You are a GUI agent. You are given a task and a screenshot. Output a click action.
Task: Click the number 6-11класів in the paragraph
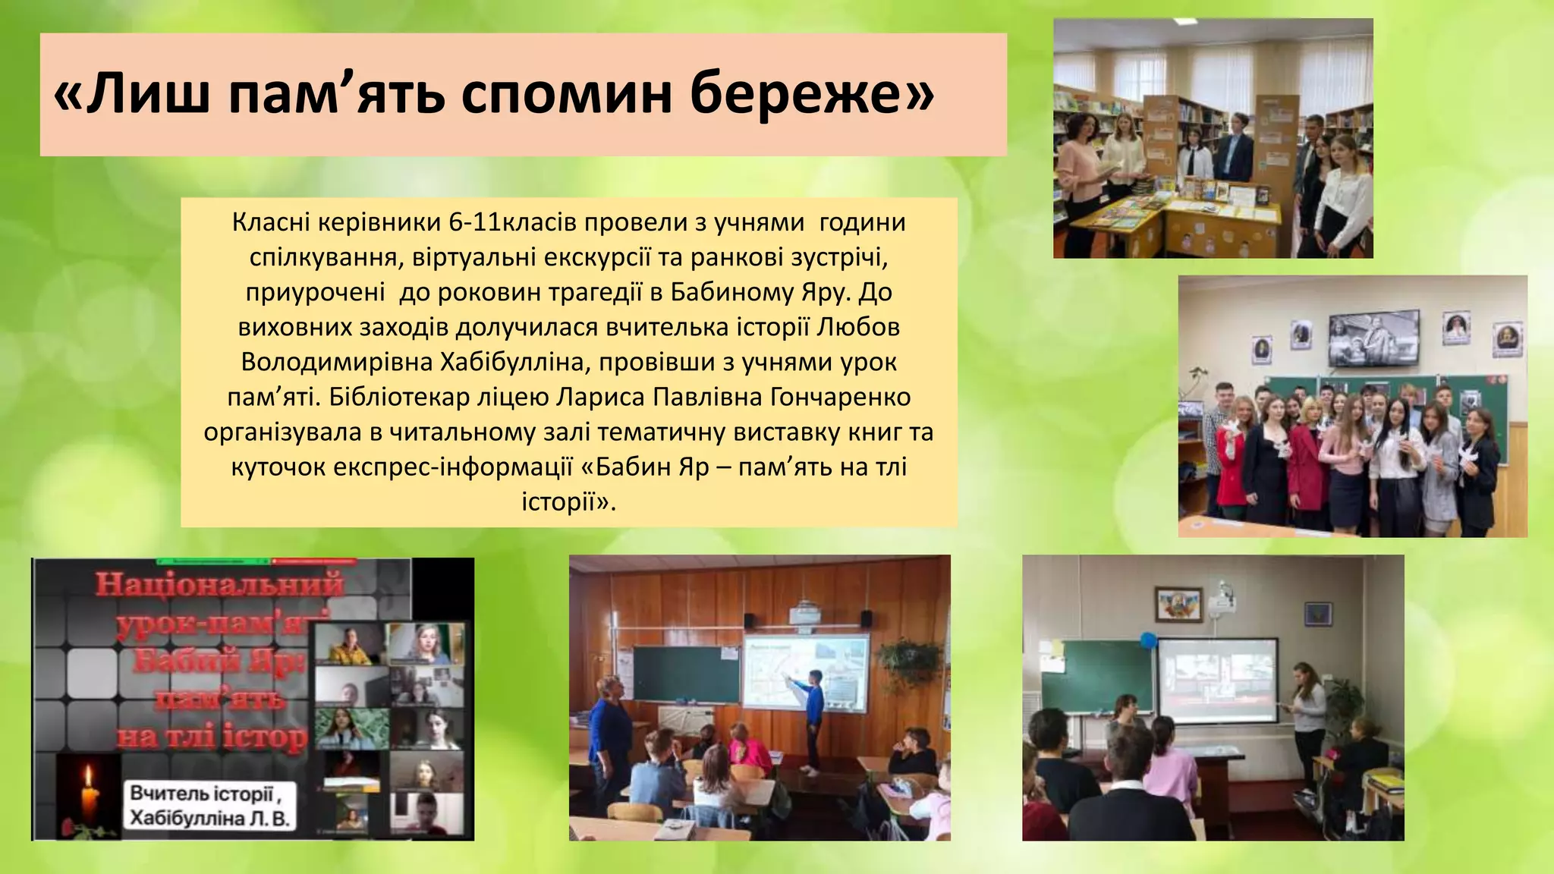(516, 222)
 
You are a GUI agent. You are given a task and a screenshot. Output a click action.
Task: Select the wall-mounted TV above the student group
(1373, 335)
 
